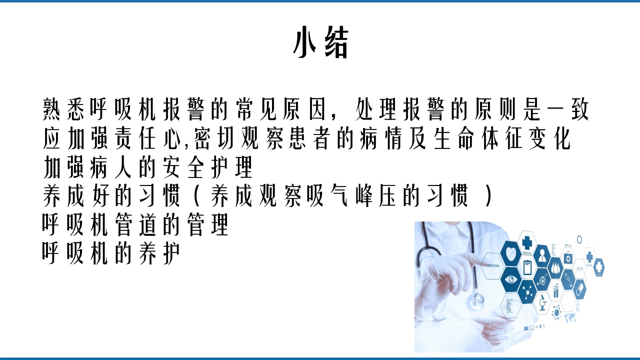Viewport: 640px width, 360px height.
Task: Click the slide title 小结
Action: point(320,44)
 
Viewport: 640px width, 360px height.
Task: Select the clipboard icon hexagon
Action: point(527,267)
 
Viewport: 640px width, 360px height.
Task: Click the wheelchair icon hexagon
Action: point(542,279)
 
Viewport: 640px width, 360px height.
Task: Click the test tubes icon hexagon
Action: point(556,290)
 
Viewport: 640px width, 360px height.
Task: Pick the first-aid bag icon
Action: point(568,258)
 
